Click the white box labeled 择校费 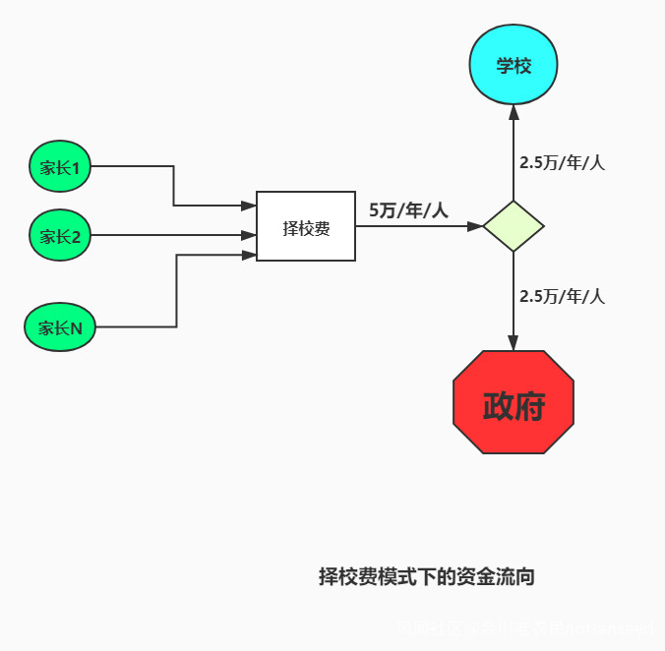pos(306,226)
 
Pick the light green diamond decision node pos(514,226)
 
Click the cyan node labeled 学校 pos(514,67)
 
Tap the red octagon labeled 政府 pos(514,403)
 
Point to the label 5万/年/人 pos(408,209)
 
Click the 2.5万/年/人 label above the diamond pos(562,163)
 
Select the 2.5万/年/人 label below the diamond pos(562,296)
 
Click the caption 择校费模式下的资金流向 pos(427,577)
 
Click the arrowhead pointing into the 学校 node pos(514,111)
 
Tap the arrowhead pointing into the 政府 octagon pos(514,343)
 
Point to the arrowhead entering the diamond pos(475,226)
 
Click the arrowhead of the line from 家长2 pos(250,236)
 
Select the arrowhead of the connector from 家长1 pos(250,206)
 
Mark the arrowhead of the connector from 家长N pos(250,255)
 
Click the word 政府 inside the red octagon pos(514,404)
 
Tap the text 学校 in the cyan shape pos(514,67)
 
